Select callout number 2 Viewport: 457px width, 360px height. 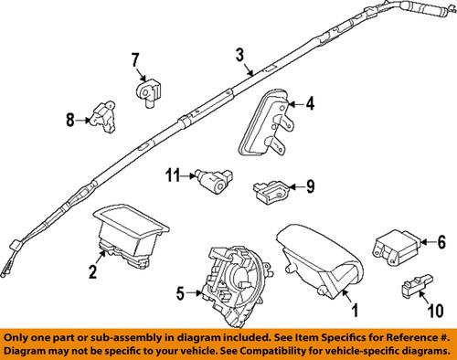(x=93, y=272)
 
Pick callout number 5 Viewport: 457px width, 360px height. (x=180, y=293)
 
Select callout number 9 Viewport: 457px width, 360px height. (x=309, y=189)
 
